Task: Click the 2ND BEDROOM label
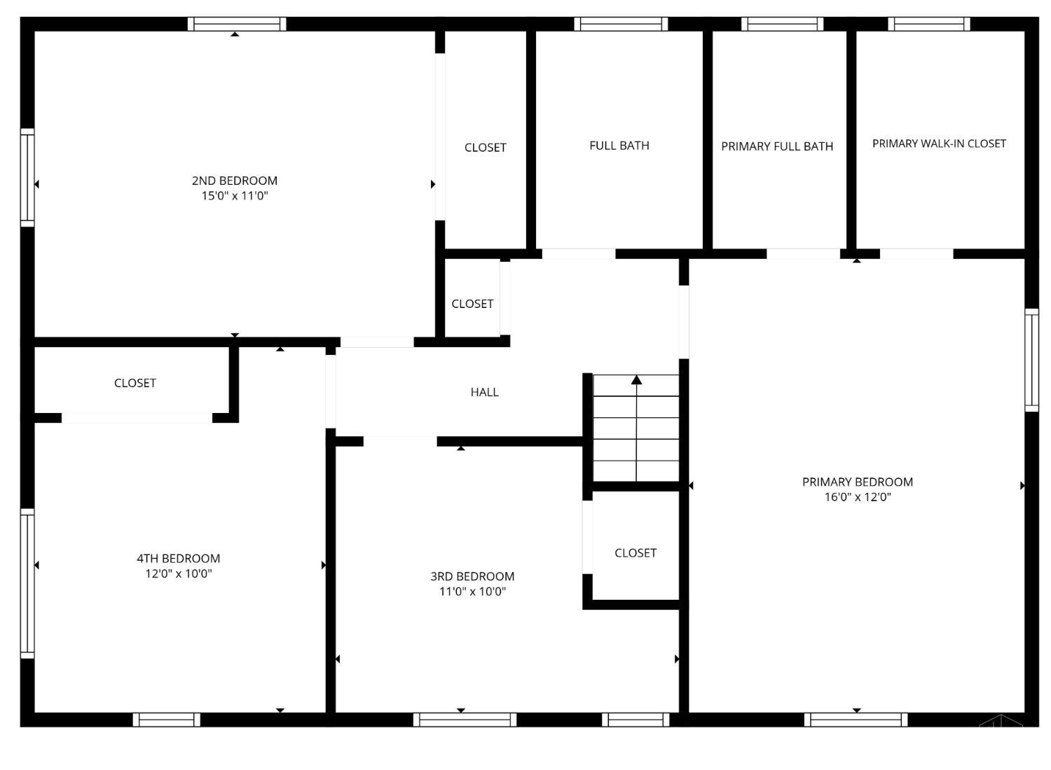[235, 181]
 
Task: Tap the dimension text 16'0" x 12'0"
[857, 498]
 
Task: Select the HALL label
[484, 392]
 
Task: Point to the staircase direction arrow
[636, 380]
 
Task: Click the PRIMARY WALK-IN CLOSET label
[939, 143]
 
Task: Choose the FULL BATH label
[619, 146]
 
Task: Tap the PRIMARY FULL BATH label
[777, 146]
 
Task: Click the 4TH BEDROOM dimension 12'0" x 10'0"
[179, 574]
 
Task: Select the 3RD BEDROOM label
[472, 576]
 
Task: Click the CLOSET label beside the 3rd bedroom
[636, 553]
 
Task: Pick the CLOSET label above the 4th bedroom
[135, 383]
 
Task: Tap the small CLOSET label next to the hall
[472, 304]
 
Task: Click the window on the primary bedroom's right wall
[1031, 360]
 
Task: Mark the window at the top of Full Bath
[621, 24]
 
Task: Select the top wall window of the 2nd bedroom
[237, 24]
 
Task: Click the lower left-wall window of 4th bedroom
[27, 583]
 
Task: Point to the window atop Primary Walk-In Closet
[929, 24]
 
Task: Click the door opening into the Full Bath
[579, 253]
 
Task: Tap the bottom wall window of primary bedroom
[856, 720]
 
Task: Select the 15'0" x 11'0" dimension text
[235, 196]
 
